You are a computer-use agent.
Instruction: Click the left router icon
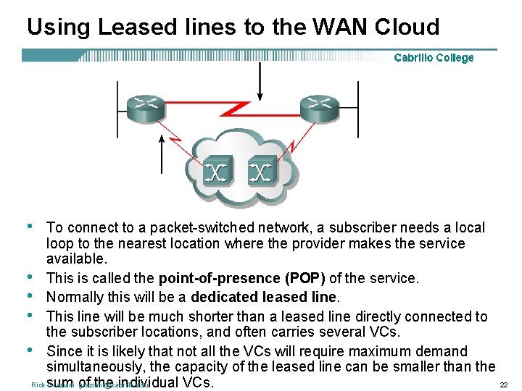147,108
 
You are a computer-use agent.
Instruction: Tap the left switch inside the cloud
217,172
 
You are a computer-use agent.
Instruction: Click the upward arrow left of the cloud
161,156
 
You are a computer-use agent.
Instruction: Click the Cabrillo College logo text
434,58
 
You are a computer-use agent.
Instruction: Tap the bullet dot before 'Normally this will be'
31,295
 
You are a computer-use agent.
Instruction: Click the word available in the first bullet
75,259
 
